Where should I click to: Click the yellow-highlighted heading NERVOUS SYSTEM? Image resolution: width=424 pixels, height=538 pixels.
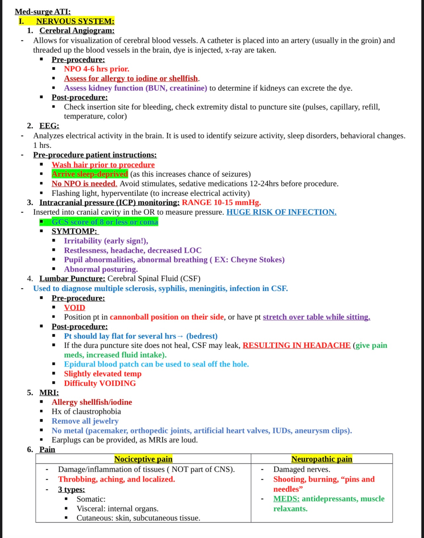click(x=75, y=21)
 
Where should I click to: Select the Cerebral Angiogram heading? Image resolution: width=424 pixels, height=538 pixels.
click(x=77, y=31)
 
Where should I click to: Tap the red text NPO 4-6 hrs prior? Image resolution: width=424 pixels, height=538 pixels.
click(x=96, y=69)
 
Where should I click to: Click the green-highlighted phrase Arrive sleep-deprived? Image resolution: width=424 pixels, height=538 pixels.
click(x=90, y=174)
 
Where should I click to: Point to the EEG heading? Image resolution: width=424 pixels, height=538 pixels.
click(x=49, y=126)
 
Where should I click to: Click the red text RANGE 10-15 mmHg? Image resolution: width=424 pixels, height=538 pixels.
click(x=221, y=203)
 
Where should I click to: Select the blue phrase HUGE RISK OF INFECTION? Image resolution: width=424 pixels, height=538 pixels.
click(x=281, y=212)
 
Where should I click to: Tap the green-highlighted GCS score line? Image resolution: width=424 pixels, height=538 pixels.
click(x=105, y=222)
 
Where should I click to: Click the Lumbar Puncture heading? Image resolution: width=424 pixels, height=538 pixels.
click(x=72, y=279)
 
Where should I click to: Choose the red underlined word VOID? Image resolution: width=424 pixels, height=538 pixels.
click(x=75, y=308)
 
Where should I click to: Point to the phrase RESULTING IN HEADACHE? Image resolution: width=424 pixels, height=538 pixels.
click(x=296, y=345)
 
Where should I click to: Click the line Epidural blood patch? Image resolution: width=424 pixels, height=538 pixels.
click(x=156, y=364)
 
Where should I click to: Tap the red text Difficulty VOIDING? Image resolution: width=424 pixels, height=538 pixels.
click(x=100, y=383)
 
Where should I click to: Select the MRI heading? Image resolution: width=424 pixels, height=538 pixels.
click(x=49, y=393)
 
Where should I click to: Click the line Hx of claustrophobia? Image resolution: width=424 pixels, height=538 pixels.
click(x=86, y=411)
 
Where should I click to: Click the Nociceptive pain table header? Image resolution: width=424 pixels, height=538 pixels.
click(x=143, y=459)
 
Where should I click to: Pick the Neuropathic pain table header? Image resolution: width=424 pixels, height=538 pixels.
click(x=322, y=459)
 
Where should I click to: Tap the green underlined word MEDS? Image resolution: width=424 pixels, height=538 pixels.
click(x=286, y=499)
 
